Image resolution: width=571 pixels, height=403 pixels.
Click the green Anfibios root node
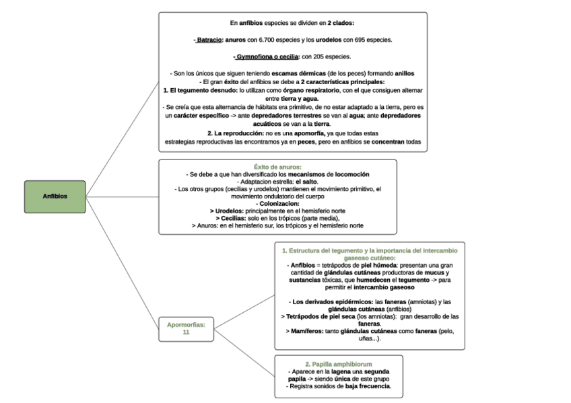click(55, 196)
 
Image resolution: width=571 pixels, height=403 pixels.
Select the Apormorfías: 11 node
click(186, 328)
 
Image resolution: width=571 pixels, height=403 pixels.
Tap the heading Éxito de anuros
click(277, 167)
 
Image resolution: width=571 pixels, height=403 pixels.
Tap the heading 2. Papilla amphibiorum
click(339, 364)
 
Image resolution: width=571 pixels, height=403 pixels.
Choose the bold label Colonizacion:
click(277, 204)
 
